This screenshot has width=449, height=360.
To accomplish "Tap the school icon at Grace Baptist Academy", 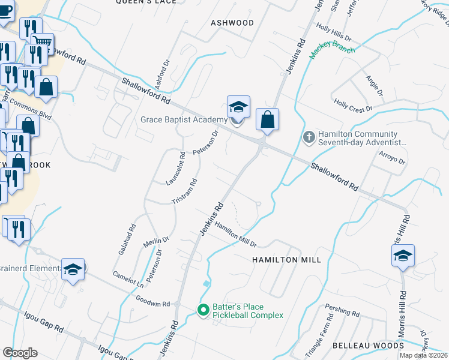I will [x=238, y=107].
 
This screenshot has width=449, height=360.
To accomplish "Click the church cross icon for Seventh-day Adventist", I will [x=309, y=138].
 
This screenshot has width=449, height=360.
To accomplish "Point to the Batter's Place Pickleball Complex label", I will [x=247, y=310].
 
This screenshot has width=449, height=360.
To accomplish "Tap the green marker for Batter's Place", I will [x=203, y=310].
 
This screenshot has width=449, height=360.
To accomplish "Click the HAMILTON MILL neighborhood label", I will [x=286, y=260].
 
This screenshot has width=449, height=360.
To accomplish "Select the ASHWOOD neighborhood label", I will [x=232, y=22].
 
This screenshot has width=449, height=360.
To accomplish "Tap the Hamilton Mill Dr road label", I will [x=236, y=235].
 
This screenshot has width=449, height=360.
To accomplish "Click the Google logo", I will [x=20, y=353].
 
